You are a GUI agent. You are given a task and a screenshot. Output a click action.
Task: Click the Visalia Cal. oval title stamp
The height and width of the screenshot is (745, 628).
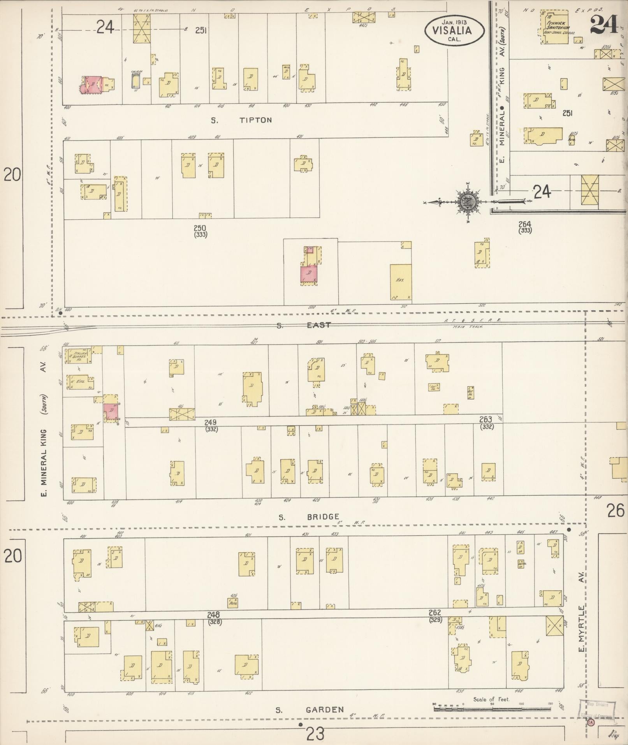click(454, 30)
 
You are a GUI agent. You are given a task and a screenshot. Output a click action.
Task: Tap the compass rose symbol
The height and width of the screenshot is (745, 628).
click(466, 202)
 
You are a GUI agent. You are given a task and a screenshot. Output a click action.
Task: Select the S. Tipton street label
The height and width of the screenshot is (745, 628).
click(241, 120)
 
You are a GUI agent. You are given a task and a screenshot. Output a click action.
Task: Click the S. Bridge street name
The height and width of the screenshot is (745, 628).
click(309, 517)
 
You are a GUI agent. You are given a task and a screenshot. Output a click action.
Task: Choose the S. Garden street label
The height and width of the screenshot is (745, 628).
click(310, 710)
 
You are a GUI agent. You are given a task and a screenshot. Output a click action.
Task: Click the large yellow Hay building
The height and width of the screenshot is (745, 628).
click(401, 282)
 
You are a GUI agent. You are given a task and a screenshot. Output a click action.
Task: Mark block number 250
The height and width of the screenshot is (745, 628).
click(200, 228)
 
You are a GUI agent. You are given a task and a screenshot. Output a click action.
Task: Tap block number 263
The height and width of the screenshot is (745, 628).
click(486, 419)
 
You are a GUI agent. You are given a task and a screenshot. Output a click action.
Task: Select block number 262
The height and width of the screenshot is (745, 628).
click(434, 613)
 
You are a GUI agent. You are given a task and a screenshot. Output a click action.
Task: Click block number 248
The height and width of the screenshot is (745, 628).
click(213, 615)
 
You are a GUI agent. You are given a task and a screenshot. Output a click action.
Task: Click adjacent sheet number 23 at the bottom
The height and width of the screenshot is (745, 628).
click(315, 734)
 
